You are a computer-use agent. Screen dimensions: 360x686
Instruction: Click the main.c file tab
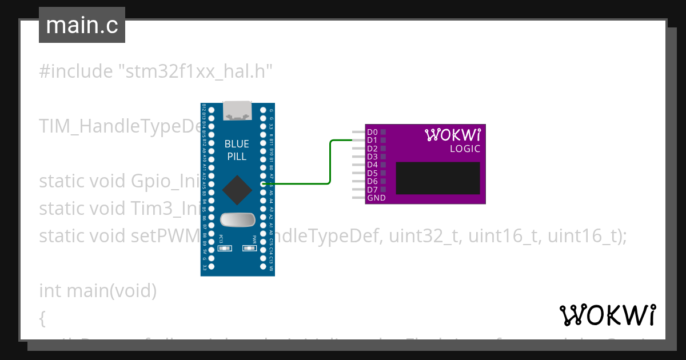82,25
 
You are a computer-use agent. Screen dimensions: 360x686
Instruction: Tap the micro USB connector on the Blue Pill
237,110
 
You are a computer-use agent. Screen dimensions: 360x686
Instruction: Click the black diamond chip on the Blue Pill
237,190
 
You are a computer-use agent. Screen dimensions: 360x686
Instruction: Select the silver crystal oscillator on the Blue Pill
237,219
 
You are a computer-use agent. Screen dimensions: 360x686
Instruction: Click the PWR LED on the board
250,248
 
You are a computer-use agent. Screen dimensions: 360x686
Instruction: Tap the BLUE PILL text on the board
237,150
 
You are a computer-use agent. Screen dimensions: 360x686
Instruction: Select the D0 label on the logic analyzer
372,132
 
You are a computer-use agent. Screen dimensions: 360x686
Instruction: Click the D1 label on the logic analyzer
372,140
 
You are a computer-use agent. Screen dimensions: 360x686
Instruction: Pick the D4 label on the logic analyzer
372,165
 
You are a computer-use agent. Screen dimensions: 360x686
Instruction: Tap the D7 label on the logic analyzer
372,190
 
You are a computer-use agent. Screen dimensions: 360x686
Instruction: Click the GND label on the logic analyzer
376,198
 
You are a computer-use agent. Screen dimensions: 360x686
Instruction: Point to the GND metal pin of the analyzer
358,198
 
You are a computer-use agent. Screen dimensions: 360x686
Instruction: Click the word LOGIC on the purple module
465,149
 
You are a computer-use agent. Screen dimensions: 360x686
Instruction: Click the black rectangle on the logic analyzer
438,178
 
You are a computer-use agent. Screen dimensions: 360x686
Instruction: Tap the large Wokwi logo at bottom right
607,315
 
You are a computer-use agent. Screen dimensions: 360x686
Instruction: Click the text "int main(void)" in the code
97,291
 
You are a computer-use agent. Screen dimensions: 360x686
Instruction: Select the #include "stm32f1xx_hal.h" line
155,71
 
